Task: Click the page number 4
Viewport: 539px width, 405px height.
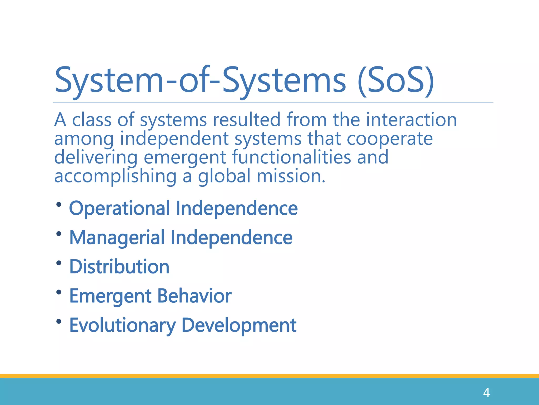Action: [486, 393]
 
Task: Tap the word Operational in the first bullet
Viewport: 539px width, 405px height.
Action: [119, 209]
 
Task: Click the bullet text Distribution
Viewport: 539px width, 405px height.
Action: [119, 267]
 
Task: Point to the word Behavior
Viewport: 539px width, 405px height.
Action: [194, 296]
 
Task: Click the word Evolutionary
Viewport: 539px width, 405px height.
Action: [122, 325]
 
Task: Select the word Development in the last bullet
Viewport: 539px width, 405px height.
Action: [239, 325]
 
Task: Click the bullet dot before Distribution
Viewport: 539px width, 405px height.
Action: [59, 263]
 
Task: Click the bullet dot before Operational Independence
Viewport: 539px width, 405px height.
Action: [59, 205]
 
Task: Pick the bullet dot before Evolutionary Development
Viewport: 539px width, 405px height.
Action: [59, 321]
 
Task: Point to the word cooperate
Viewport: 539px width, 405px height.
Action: [390, 139]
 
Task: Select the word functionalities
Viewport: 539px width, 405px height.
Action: [291, 157]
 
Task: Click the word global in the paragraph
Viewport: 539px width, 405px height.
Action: [224, 176]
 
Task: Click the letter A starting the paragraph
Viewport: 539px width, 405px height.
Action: [60, 120]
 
